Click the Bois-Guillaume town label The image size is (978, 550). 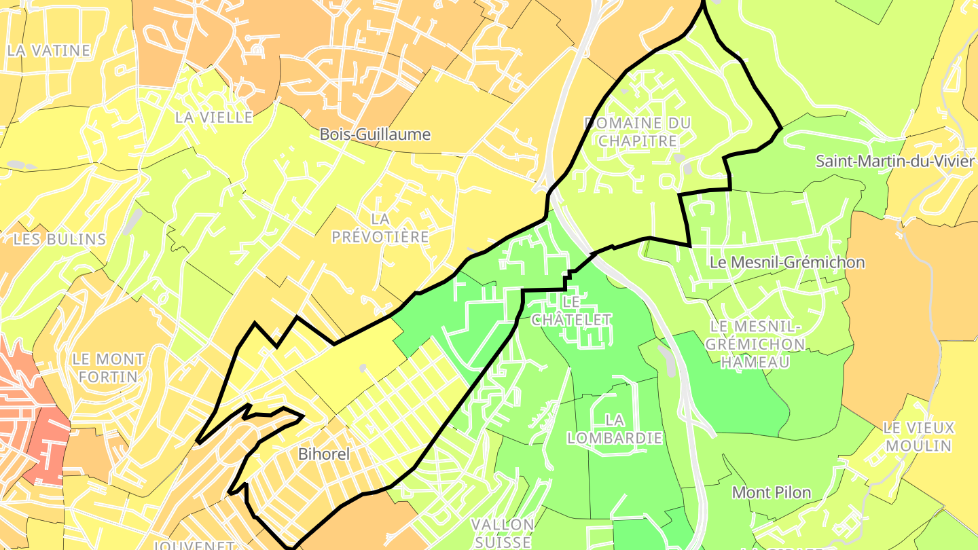[x=375, y=134]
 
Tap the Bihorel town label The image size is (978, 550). [x=324, y=454]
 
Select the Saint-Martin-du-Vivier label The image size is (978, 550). [x=894, y=162]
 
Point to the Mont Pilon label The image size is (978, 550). [x=772, y=492]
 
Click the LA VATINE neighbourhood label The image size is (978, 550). [x=48, y=50]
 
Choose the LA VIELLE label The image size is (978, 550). [x=213, y=117]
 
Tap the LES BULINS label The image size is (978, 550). [x=60, y=239]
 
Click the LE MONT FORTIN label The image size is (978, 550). [x=108, y=367]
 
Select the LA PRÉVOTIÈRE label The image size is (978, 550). [x=380, y=227]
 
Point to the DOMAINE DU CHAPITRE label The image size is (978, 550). [x=637, y=132]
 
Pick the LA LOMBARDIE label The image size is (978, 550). [x=614, y=429]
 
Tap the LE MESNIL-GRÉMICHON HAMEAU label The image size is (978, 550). [x=755, y=344]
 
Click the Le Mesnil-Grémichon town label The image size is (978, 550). [x=786, y=262]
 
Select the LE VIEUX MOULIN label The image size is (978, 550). [x=918, y=437]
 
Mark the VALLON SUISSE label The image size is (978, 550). [x=503, y=533]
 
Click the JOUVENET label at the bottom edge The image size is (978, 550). [x=194, y=545]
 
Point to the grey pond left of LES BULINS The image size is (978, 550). [x=22, y=165]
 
